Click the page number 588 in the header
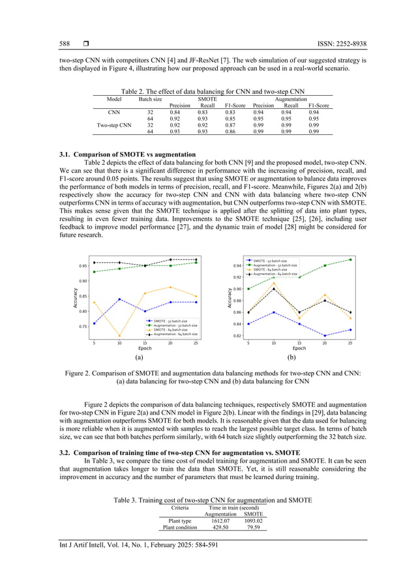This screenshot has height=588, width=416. point(64,44)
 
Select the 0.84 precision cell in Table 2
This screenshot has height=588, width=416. point(179,112)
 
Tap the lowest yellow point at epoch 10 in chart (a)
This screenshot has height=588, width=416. point(119,336)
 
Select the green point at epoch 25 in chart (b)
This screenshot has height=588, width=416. point(350,259)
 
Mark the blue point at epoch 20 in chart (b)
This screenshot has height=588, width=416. point(325,336)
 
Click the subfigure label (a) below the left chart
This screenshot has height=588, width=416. point(139,358)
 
